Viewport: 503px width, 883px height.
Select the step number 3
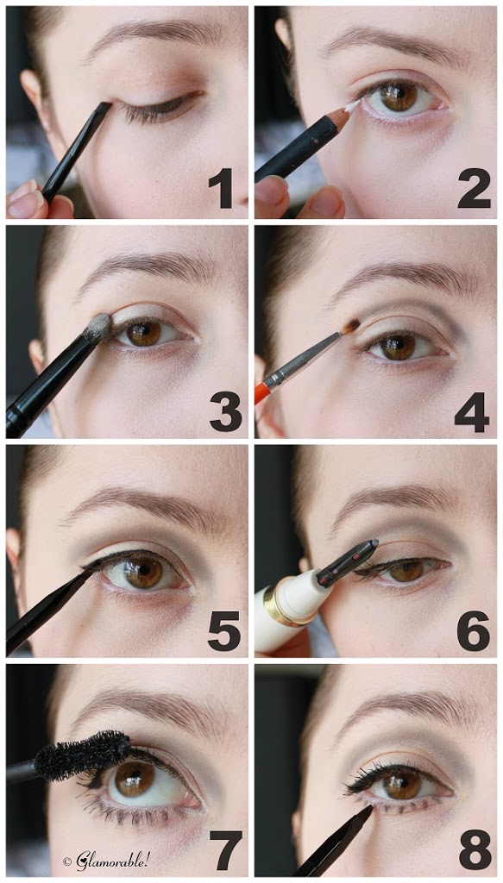pyautogui.click(x=225, y=411)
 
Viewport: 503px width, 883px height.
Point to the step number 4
pyautogui.click(x=472, y=411)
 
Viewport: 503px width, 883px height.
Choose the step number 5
pyautogui.click(x=224, y=630)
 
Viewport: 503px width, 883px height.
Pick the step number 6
pyautogui.click(x=473, y=630)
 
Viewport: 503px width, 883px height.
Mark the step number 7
pyautogui.click(x=225, y=850)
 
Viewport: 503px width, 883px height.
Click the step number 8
pyautogui.click(x=475, y=850)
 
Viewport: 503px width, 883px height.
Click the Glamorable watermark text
pyautogui.click(x=106, y=861)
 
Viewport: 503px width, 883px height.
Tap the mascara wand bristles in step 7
pyautogui.click(x=83, y=755)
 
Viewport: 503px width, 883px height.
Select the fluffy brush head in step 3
pyautogui.click(x=97, y=329)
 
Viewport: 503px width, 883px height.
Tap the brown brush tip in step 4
pyautogui.click(x=351, y=325)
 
